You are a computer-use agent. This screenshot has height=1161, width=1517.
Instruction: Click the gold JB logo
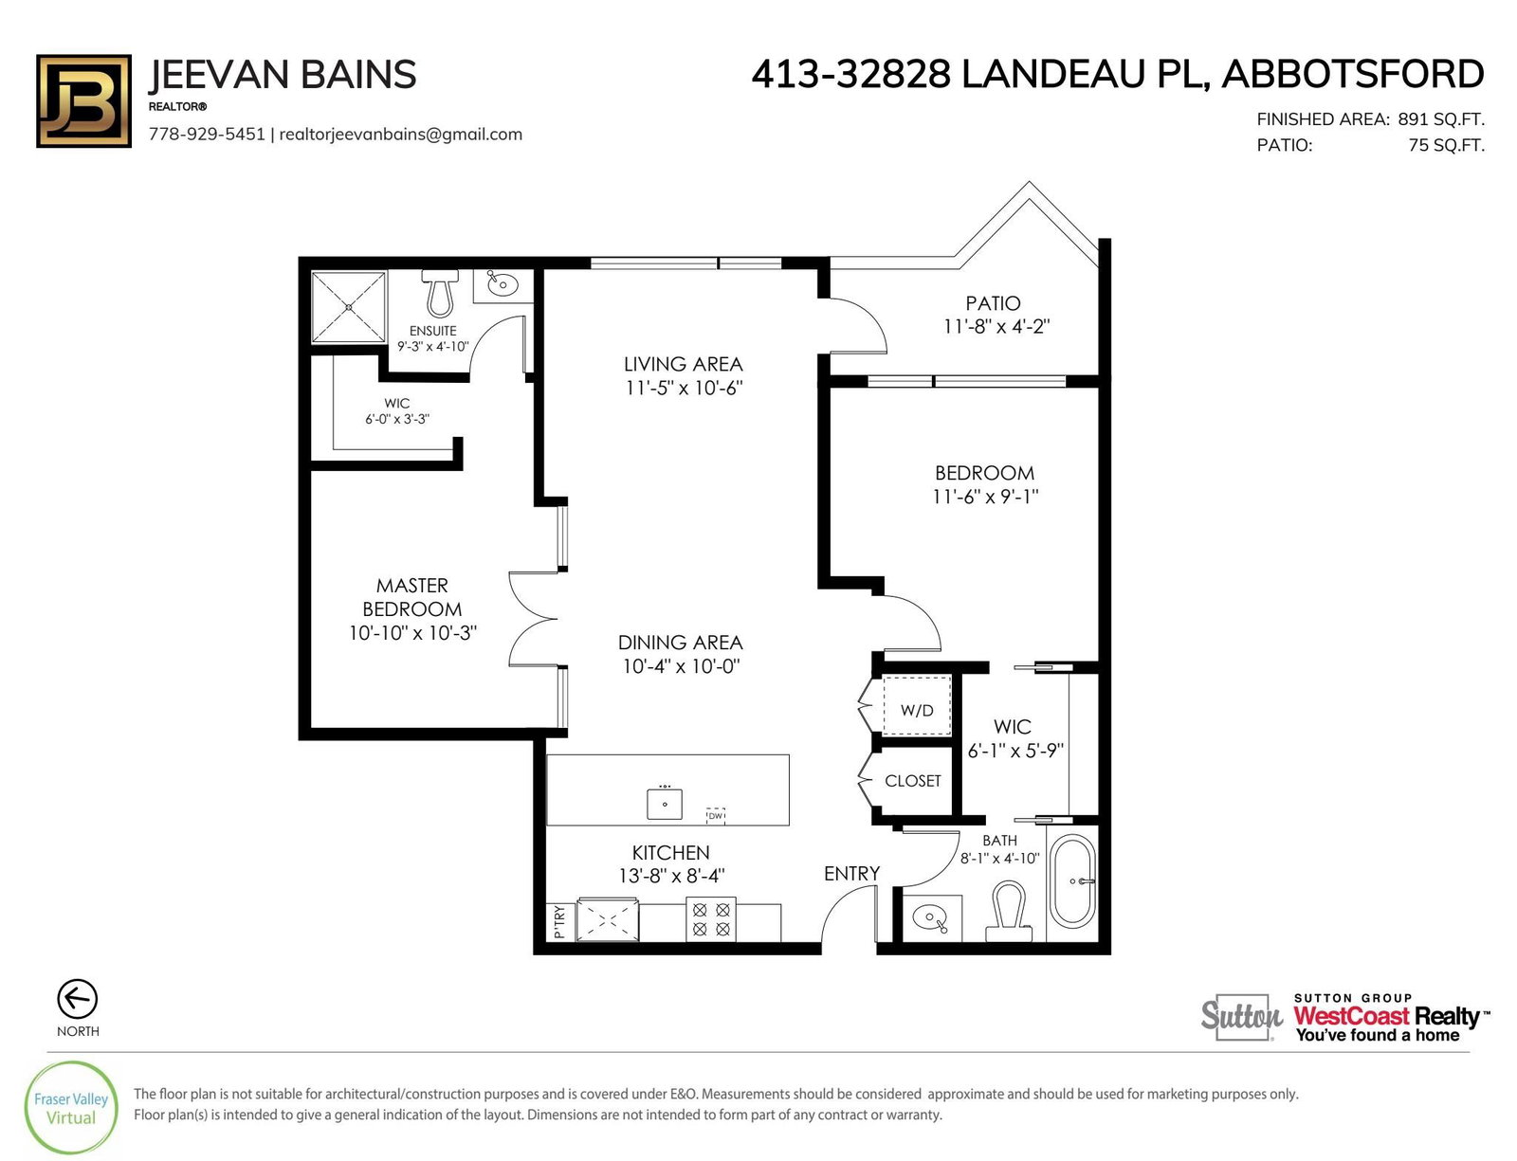[83, 101]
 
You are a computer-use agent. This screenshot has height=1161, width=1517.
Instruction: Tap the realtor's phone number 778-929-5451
[207, 134]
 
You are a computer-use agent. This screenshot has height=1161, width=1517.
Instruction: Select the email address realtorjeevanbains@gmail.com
[401, 135]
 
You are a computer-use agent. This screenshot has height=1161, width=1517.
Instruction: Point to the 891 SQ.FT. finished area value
[1441, 119]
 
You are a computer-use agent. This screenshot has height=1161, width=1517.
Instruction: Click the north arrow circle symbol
[78, 999]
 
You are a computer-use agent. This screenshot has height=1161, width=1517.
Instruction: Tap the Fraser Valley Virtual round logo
[70, 1107]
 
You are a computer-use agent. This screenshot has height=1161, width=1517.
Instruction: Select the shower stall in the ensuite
[348, 308]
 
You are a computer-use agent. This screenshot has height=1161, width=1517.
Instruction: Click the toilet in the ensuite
[440, 293]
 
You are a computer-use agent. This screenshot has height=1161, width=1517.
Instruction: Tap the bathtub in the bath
[1073, 881]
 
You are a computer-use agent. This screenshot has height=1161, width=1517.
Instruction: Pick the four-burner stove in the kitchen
[711, 919]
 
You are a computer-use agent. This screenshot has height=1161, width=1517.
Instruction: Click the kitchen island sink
[664, 803]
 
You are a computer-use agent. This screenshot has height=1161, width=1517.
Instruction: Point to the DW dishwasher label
[716, 816]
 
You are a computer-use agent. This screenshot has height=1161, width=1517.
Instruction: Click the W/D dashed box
[917, 705]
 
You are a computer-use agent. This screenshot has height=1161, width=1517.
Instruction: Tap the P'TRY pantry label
[559, 921]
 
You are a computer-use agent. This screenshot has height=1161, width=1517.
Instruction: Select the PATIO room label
[993, 303]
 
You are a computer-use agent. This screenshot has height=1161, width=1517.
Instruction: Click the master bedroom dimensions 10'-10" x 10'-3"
[412, 633]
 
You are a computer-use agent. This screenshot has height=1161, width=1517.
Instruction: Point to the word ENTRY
[851, 874]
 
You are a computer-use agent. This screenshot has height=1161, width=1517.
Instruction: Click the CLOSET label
[912, 781]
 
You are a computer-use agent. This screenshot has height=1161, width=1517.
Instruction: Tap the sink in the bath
[931, 917]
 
